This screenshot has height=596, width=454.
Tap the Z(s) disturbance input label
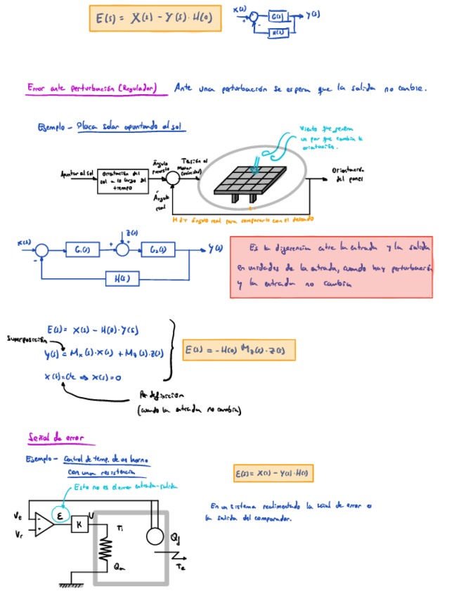(132, 233)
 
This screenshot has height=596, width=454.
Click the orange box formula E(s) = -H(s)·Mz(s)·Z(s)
(238, 349)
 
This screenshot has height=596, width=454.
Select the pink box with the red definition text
(330, 266)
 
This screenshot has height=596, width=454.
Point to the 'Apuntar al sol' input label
(76, 173)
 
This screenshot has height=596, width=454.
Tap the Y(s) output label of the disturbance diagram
(215, 248)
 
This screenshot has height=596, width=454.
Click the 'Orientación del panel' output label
(350, 174)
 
